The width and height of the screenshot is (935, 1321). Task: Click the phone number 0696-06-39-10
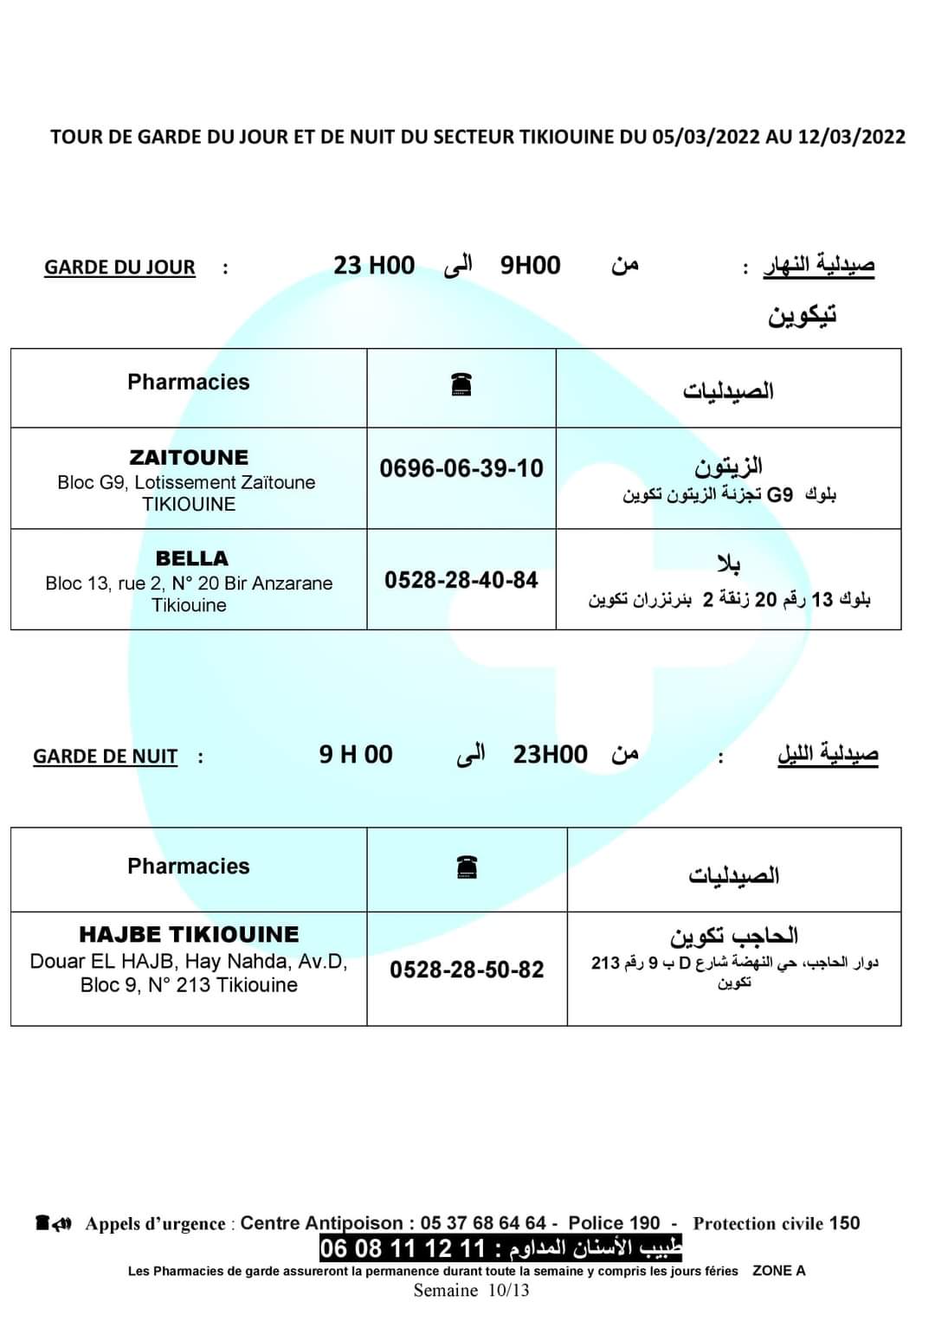pos(461,468)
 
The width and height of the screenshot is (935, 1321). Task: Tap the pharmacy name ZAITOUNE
pos(189,457)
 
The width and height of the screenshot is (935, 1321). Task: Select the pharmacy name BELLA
pos(191,558)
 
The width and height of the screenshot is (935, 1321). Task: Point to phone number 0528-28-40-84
pos(461,580)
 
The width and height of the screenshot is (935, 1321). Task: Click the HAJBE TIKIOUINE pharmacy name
pos(189,935)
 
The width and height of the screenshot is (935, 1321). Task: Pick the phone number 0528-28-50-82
pos(467,970)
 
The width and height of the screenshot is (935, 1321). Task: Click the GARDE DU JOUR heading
pos(119,267)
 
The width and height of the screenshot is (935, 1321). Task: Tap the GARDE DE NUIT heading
pos(105,757)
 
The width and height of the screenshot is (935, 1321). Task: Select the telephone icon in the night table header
pos(467,867)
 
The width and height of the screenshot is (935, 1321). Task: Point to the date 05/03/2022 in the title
pos(706,137)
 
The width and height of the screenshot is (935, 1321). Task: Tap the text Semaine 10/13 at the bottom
pos(471,1291)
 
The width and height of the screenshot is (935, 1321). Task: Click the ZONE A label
pos(779,1271)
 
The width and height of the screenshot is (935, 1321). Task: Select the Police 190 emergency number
pos(614,1223)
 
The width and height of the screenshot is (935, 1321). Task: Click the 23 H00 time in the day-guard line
pos(374,265)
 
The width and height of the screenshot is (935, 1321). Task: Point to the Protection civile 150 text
pos(777,1223)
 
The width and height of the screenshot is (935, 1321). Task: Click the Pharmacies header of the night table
pos(188,867)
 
